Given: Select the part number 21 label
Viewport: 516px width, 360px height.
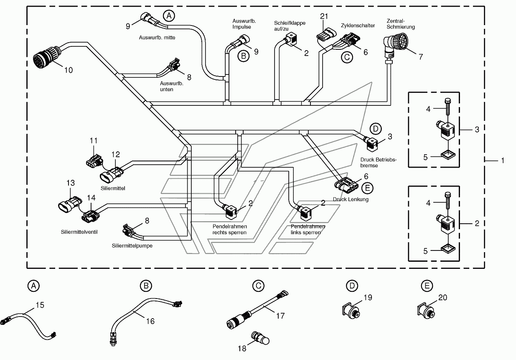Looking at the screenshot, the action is pyautogui.click(x=324, y=16).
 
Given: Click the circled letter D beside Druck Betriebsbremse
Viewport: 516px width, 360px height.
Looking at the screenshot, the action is pyautogui.click(x=376, y=129).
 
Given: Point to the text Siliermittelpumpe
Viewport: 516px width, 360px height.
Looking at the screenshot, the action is pyautogui.click(x=132, y=246).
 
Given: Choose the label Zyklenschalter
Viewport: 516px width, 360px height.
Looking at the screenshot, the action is pyautogui.click(x=358, y=26).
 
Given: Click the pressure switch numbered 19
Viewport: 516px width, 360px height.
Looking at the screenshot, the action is pyautogui.click(x=351, y=311).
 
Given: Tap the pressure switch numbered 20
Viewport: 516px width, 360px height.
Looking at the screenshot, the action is pyautogui.click(x=426, y=311).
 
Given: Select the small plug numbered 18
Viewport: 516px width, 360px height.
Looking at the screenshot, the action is pyautogui.click(x=260, y=338).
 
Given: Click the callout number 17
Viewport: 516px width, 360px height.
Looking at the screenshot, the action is pyautogui.click(x=280, y=316).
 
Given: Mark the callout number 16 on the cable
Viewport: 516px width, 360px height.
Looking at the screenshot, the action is pyautogui.click(x=150, y=321).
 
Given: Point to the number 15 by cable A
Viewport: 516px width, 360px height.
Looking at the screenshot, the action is pyautogui.click(x=40, y=305).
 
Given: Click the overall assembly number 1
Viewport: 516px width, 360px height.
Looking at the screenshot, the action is pyautogui.click(x=503, y=161).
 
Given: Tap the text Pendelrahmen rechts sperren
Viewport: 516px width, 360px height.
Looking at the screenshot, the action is pyautogui.click(x=229, y=229).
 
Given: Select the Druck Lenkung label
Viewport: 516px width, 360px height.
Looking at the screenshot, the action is pyautogui.click(x=351, y=199).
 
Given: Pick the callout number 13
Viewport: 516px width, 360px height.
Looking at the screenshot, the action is pyautogui.click(x=71, y=183).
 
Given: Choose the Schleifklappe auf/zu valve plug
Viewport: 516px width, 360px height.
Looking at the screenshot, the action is pyautogui.click(x=291, y=40).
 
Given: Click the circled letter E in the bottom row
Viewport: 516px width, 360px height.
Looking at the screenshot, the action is pyautogui.click(x=427, y=286).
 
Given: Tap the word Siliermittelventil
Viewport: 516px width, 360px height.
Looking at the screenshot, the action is pyautogui.click(x=79, y=232).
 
